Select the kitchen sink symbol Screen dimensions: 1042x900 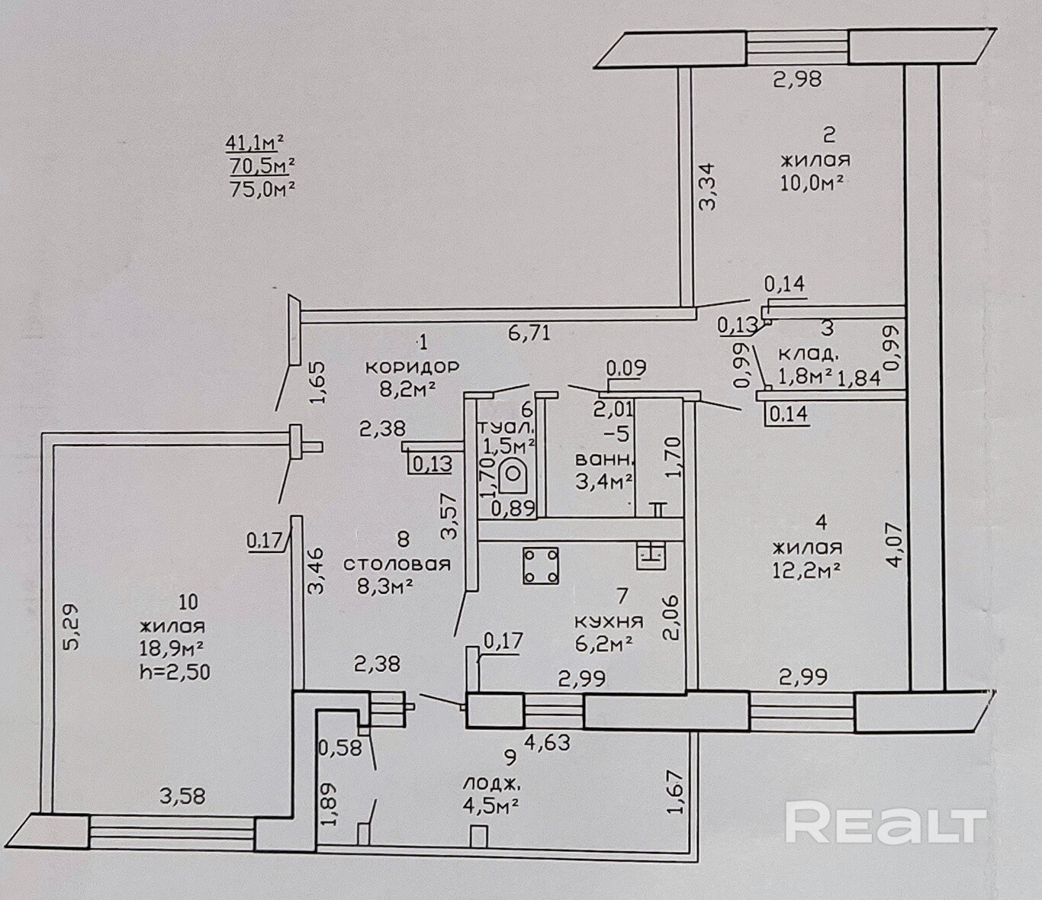[x=651, y=556]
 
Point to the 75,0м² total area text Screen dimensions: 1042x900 [x=262, y=189]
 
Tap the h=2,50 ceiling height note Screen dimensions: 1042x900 [x=175, y=673]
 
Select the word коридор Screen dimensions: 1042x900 [x=413, y=366]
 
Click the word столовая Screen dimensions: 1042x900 [x=397, y=564]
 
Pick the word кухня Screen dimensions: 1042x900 [x=609, y=622]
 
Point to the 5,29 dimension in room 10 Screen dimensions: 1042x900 [x=72, y=628]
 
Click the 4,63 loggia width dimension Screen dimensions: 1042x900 [x=548, y=742]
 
